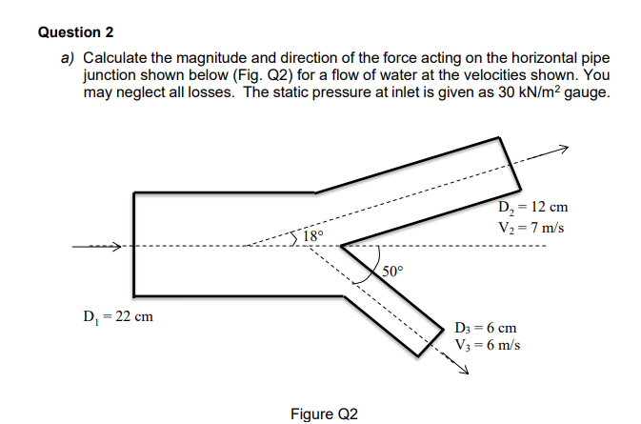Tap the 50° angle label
click(392, 272)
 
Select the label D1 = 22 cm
click(117, 316)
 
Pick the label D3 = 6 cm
click(487, 327)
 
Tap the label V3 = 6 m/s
click(489, 345)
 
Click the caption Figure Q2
click(325, 414)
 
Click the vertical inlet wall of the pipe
click(134, 244)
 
